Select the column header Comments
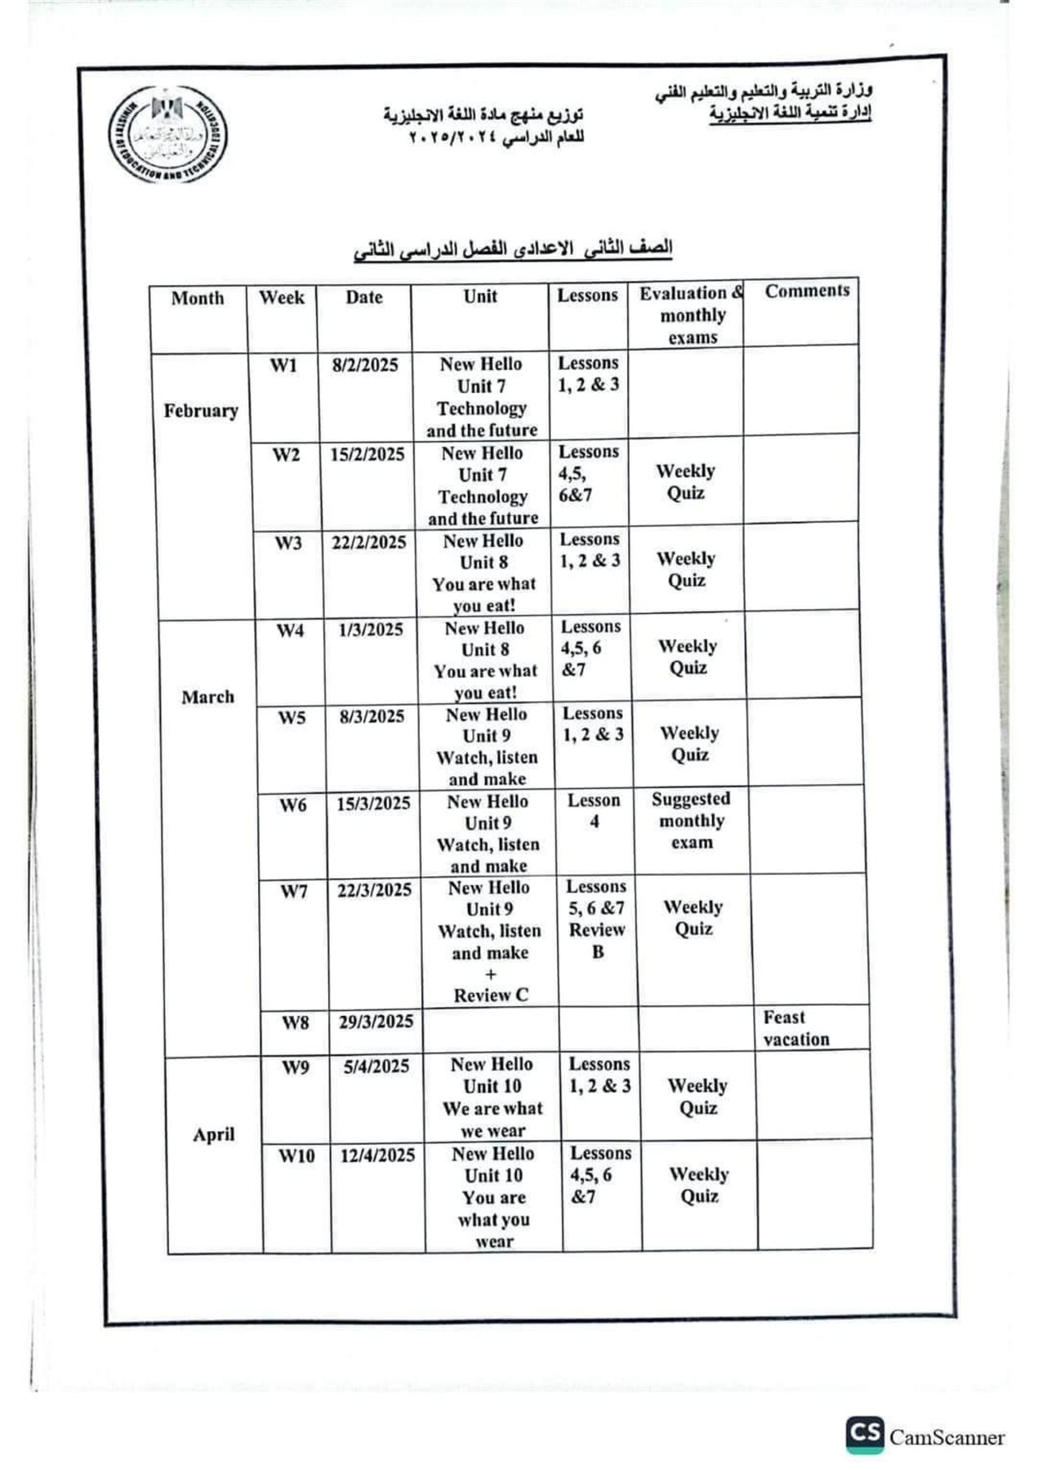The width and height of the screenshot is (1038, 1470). (807, 291)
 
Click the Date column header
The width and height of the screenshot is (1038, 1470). (363, 297)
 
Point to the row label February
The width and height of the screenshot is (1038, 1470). (200, 410)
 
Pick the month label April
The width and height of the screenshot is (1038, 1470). (213, 1134)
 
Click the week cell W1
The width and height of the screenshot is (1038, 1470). (283, 365)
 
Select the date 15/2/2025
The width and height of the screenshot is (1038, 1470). (367, 454)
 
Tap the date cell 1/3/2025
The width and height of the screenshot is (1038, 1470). (371, 629)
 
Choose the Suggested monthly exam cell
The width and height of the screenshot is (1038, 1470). (691, 820)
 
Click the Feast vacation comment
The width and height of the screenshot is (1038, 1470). (795, 1028)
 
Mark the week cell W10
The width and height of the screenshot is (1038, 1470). (296, 1156)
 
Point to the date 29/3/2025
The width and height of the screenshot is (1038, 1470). (376, 1022)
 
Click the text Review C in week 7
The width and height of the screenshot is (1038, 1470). (491, 995)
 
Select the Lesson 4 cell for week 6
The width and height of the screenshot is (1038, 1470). (594, 810)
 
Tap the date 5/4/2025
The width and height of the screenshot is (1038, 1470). (376, 1066)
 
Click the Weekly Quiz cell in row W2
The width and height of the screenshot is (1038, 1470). (685, 482)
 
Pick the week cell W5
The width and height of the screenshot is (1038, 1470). (292, 717)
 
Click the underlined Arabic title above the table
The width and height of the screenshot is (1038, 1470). (512, 249)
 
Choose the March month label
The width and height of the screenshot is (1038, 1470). (207, 697)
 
